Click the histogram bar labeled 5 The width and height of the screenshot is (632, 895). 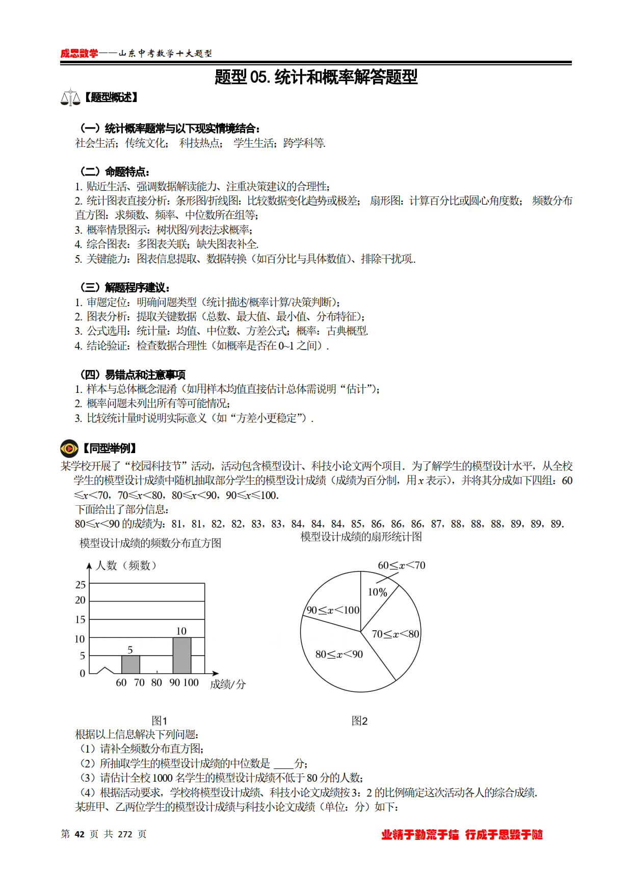tap(130, 664)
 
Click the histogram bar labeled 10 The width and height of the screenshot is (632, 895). tap(181, 655)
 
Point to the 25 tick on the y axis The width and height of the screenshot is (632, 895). tap(81, 585)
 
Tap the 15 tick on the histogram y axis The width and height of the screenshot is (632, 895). tap(81, 619)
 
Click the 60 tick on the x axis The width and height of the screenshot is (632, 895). tap(121, 683)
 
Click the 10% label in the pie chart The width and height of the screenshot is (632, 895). tap(377, 592)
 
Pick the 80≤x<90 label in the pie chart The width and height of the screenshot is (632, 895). tap(339, 654)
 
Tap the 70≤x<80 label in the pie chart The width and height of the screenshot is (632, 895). tap(395, 634)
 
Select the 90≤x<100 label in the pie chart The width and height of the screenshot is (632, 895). tap(333, 610)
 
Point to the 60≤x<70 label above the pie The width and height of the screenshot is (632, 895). tap(401, 565)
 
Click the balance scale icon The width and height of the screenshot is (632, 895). tap(70, 97)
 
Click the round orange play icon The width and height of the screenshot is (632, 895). tap(69, 448)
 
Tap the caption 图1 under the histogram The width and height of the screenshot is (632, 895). tap(160, 720)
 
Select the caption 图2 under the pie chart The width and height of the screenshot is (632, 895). tap(359, 720)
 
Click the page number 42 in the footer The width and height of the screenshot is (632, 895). tap(80, 834)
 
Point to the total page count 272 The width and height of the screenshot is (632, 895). tap(125, 834)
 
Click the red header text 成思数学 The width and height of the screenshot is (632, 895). tap(79, 53)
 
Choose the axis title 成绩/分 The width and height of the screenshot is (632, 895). tap(228, 684)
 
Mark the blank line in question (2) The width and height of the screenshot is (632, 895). tap(283, 764)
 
